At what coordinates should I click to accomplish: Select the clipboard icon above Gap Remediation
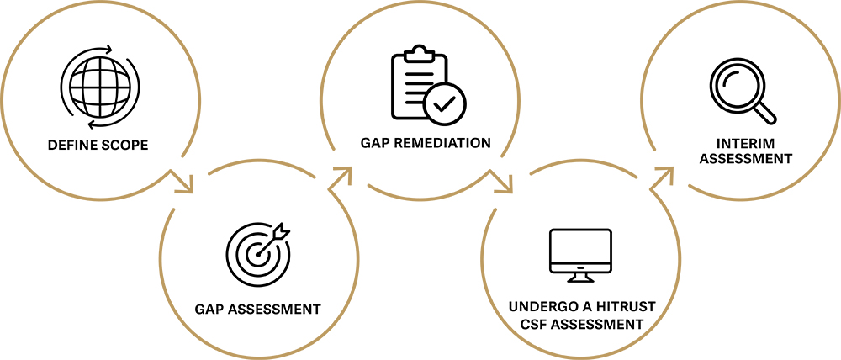click(x=420, y=86)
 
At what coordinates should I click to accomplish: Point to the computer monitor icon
click(x=580, y=251)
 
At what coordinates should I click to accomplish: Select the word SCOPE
click(x=124, y=146)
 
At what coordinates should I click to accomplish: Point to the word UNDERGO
click(x=538, y=308)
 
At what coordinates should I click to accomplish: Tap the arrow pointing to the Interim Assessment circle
click(x=663, y=175)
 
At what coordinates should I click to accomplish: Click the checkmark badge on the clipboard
click(x=444, y=103)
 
